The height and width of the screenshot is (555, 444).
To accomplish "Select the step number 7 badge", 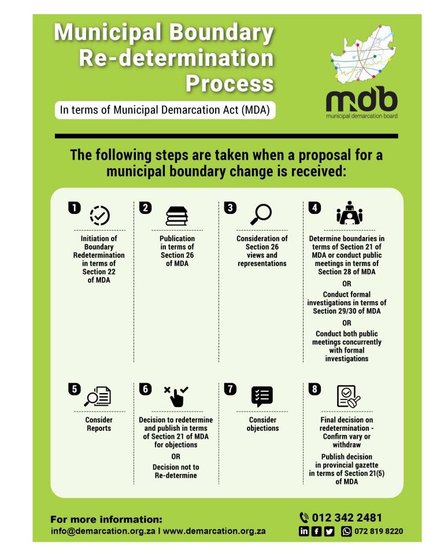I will [230, 389].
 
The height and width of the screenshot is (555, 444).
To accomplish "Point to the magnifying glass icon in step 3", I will [261, 214].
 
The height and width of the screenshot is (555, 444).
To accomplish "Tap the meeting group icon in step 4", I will [349, 214].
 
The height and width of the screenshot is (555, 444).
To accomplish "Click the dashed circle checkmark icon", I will [100, 215].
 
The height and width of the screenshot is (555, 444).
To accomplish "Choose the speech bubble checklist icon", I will [262, 396].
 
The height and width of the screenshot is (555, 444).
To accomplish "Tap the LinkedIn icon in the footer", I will [304, 531].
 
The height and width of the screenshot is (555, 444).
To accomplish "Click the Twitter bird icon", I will [330, 531].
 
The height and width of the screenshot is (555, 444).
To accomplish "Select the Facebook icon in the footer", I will [317, 531].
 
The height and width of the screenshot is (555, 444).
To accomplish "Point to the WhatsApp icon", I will [347, 531].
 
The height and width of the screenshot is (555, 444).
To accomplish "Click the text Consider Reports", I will [99, 424].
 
